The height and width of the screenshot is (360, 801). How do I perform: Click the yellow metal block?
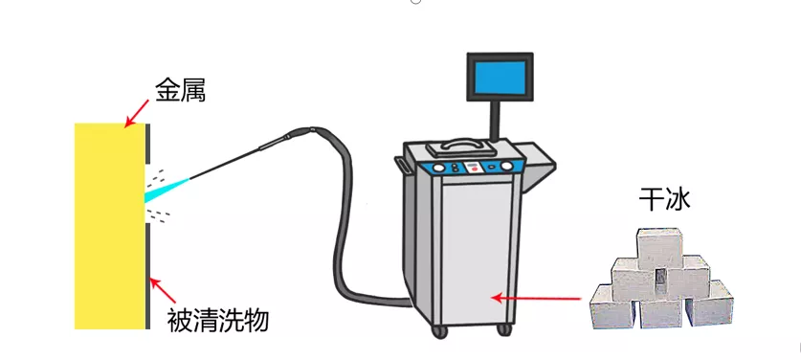click(x=109, y=225)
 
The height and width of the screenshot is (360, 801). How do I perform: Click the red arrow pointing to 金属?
click(x=140, y=113)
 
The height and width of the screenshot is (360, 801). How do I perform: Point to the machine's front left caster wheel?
click(x=441, y=331)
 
